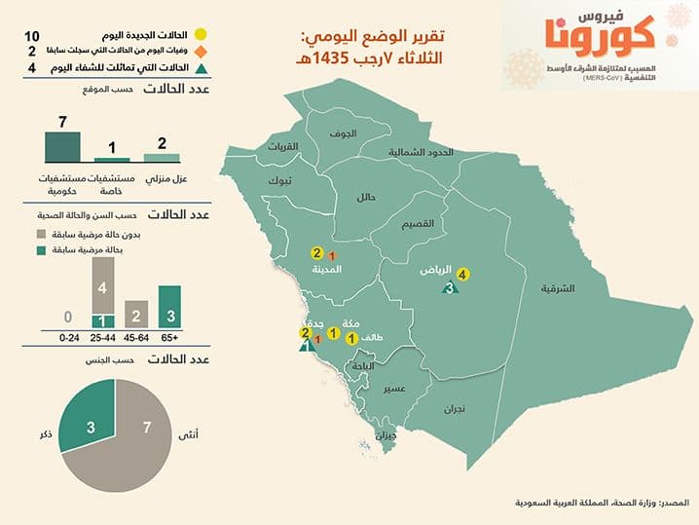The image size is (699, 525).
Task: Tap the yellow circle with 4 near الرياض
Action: click(x=462, y=275)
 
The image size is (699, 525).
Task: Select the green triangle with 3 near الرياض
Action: click(x=450, y=287)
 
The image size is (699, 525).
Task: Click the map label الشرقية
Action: click(x=559, y=288)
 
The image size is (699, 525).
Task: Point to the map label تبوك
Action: click(x=279, y=182)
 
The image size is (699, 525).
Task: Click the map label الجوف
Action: click(x=342, y=133)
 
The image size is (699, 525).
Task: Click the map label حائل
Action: click(x=367, y=198)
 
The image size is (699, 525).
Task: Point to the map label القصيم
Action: click(x=420, y=223)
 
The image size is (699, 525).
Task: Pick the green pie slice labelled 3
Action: click(x=90, y=427)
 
